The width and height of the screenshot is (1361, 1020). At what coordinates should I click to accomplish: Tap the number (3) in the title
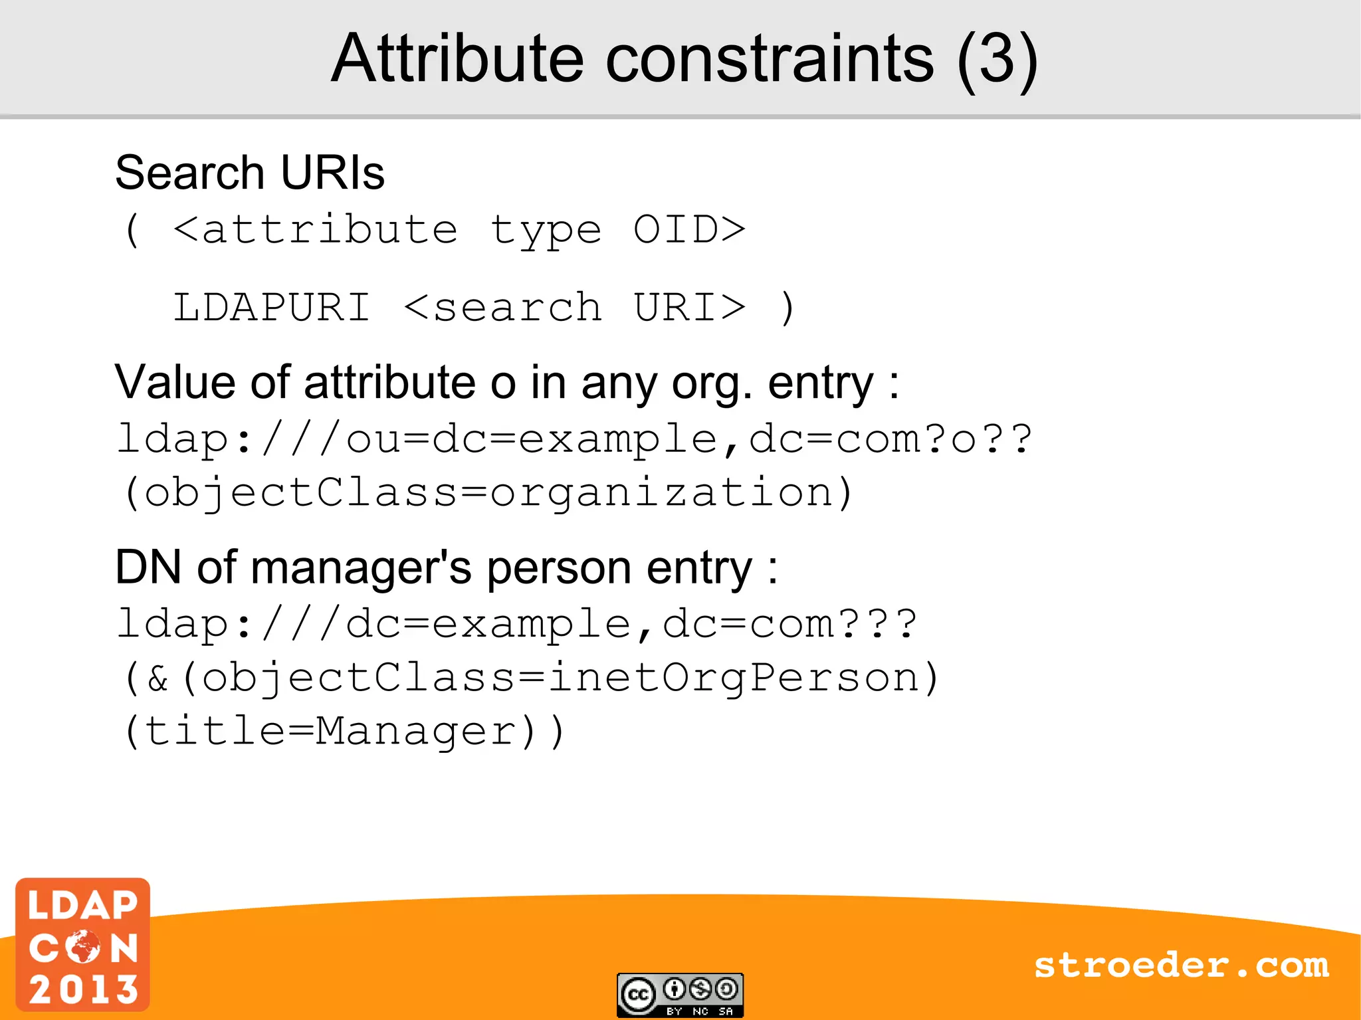click(x=996, y=60)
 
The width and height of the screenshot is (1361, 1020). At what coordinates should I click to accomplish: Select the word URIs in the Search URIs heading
click(x=332, y=173)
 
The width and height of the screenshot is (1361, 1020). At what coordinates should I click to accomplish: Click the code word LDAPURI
click(x=271, y=308)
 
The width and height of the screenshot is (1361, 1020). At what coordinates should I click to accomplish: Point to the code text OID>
click(x=689, y=230)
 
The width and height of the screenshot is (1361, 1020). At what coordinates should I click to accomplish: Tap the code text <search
click(x=502, y=308)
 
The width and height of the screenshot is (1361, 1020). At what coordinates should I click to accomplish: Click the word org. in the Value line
click(x=712, y=384)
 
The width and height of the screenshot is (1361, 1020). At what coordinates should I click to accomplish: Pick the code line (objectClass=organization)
click(x=488, y=493)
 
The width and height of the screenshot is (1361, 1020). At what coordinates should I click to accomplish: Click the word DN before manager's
click(x=148, y=567)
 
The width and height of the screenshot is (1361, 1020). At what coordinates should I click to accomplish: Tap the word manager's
click(x=361, y=568)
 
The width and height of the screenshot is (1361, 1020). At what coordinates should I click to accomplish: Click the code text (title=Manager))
click(x=344, y=731)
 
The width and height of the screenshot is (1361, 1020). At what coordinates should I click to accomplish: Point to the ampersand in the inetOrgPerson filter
click(x=158, y=678)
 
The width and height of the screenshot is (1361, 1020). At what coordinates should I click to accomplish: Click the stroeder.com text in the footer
click(x=1181, y=965)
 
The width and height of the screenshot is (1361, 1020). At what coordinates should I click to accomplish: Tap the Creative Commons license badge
click(x=679, y=995)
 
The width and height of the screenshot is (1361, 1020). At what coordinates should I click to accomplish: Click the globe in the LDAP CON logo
click(x=83, y=947)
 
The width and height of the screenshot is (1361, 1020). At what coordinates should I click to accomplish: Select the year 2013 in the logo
click(x=83, y=989)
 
